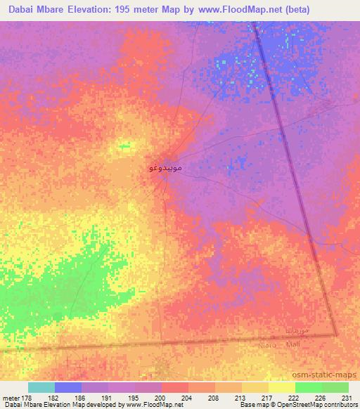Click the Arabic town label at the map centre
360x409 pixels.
(x=167, y=169)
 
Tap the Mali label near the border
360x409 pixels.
(x=293, y=344)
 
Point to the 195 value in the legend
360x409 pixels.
(x=134, y=397)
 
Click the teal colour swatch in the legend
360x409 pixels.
(x=41, y=387)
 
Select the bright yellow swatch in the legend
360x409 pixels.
(x=281, y=387)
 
